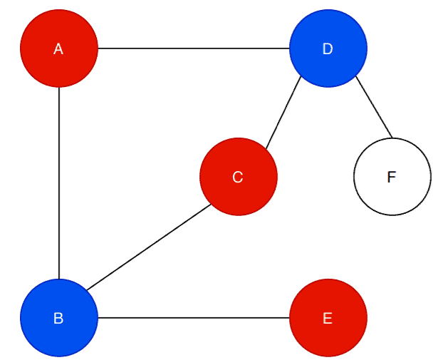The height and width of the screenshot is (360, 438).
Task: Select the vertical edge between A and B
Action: point(59,183)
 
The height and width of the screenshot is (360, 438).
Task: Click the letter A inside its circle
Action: point(59,49)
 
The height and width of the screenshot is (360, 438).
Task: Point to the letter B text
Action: point(59,319)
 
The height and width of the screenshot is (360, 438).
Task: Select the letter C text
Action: point(239,177)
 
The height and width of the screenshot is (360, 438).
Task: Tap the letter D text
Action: point(328,49)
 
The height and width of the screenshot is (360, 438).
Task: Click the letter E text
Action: point(328,319)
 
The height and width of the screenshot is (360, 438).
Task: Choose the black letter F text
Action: point(391,178)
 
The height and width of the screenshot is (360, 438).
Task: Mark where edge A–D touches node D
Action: point(290,48)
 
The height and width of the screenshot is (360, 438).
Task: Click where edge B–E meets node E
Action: point(290,318)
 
